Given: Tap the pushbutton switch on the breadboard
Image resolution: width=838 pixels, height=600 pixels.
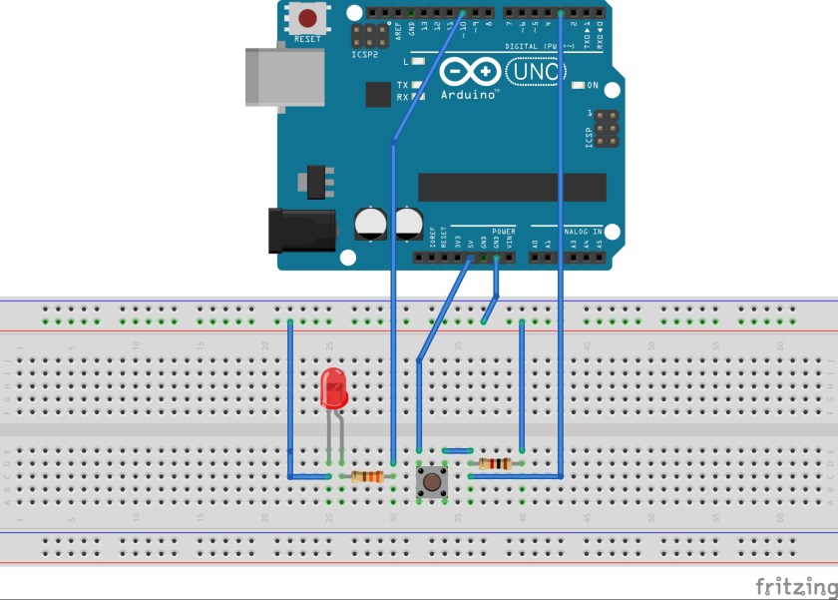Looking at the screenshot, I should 431,482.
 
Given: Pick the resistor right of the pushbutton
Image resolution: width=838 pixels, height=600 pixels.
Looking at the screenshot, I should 494,463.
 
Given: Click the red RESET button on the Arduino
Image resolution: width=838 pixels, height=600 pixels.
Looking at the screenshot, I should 307,18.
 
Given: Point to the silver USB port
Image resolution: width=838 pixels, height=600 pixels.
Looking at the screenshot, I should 284,76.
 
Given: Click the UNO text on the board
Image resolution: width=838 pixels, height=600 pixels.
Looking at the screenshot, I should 537,72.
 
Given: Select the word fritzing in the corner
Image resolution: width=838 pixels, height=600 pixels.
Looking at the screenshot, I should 794,585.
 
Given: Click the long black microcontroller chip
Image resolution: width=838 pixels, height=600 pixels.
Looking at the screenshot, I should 512,187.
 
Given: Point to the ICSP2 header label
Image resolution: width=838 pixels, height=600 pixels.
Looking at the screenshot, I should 364,56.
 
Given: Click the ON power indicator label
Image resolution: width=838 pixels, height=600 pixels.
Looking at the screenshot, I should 593,85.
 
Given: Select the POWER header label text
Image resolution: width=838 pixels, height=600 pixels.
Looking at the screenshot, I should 503,231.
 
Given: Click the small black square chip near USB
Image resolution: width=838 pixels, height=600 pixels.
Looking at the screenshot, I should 378,94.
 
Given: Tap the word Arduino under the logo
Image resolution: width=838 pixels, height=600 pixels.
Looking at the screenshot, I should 469,95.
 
